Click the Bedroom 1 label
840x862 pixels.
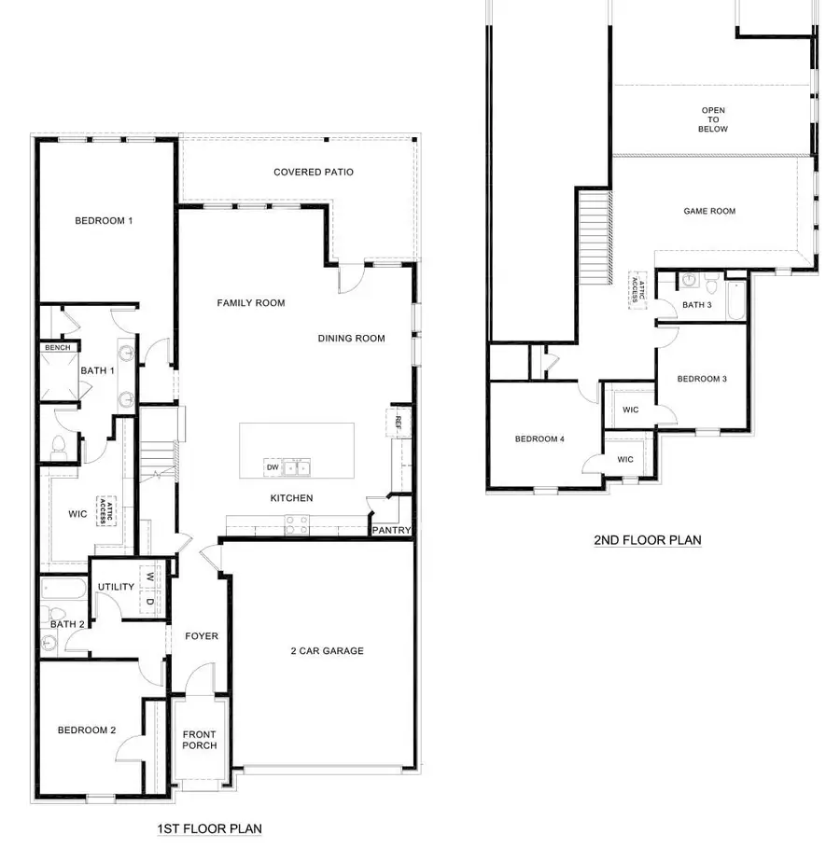(x=104, y=221)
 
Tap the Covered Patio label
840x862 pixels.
(x=314, y=173)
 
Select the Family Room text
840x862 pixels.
(x=251, y=303)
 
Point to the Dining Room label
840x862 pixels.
(x=351, y=339)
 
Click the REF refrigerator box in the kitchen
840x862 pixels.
(x=398, y=422)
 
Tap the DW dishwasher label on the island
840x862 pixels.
(x=273, y=466)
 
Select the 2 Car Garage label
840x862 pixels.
(x=326, y=651)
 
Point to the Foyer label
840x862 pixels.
(x=201, y=636)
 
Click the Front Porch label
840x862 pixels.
(x=200, y=740)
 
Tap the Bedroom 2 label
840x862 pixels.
(x=87, y=730)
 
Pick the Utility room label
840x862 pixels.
(x=117, y=587)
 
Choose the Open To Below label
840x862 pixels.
(x=714, y=120)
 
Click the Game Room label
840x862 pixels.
(x=709, y=212)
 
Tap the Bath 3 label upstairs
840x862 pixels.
(x=696, y=305)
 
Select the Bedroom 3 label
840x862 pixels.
(x=702, y=379)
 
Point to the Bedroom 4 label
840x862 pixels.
(x=540, y=439)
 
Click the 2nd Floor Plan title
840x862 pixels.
(x=647, y=540)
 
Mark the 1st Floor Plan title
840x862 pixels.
(x=209, y=828)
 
